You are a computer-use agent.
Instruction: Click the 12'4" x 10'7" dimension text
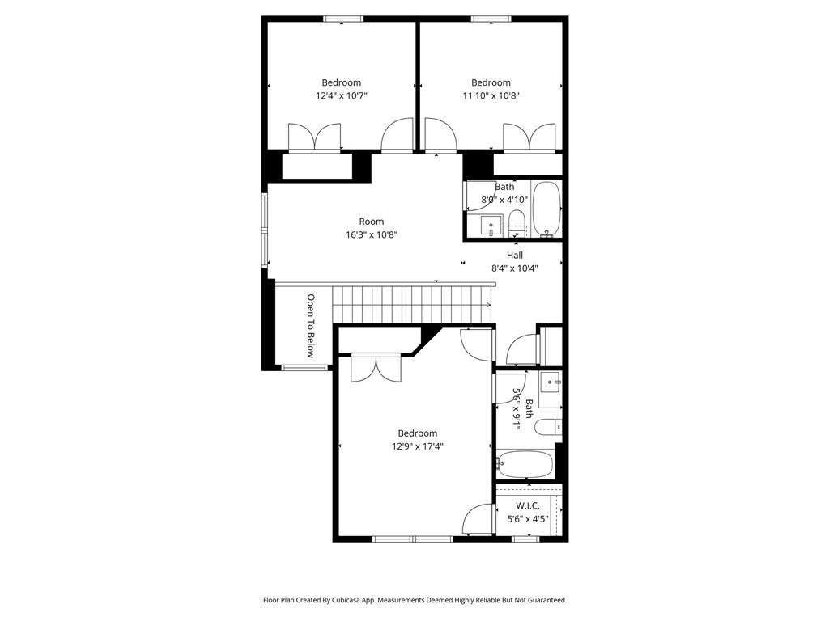342,95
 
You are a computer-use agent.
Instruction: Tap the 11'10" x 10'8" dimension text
491,95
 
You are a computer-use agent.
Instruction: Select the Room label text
372,222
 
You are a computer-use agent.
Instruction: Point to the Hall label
515,256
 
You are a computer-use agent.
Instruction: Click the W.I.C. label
528,506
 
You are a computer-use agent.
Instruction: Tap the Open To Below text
309,325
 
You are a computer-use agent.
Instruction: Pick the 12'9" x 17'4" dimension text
418,446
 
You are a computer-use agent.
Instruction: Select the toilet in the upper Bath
516,220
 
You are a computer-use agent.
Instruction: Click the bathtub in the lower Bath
525,465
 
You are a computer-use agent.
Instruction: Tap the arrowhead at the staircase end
488,304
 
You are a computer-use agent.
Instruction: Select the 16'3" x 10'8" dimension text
372,235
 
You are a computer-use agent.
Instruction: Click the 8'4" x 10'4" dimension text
515,268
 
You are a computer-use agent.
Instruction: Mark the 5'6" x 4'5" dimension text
528,519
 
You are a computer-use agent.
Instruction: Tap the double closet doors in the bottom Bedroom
376,368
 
